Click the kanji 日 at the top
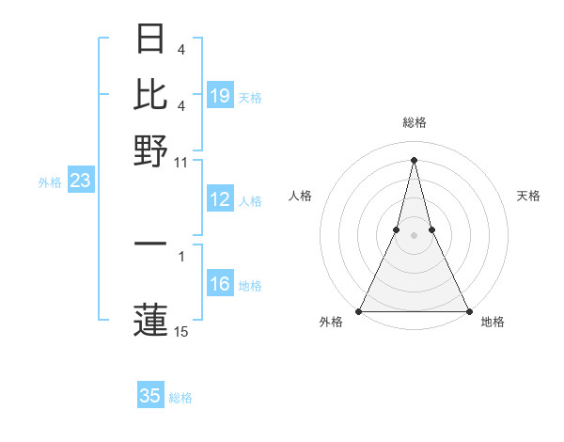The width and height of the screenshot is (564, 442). [151, 39]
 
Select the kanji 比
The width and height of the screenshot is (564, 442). [151, 94]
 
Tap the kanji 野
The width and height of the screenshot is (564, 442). [151, 150]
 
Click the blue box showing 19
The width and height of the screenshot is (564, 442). [220, 96]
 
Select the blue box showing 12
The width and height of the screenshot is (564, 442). [220, 199]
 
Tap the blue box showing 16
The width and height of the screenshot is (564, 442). [220, 284]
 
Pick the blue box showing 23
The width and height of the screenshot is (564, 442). [80, 181]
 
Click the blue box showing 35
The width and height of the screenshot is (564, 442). [150, 396]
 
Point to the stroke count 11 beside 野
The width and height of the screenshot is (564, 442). [181, 162]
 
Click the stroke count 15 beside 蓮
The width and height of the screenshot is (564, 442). [181, 331]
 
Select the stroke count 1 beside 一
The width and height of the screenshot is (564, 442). [181, 255]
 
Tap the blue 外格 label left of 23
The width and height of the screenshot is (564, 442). [49, 182]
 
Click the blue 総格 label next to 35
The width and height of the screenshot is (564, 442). [180, 398]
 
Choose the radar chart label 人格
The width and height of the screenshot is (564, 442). [301, 196]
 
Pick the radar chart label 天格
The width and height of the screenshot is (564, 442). [528, 196]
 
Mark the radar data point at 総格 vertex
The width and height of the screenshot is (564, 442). [414, 159]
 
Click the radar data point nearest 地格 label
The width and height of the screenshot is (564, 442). [468, 311]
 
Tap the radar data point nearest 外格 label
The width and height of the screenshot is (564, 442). [359, 311]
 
